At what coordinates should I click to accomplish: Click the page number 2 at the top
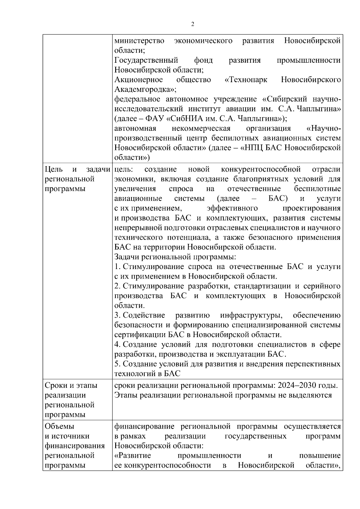click(x=193, y=24)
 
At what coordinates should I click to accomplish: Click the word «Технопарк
click(x=246, y=80)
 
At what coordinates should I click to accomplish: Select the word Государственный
click(x=146, y=60)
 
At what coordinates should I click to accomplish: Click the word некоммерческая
click(x=201, y=129)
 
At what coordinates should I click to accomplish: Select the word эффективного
click(x=232, y=208)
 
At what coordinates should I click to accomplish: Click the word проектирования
click(x=311, y=208)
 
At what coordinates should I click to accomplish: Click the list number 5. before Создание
click(x=117, y=364)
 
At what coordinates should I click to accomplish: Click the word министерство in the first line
click(x=139, y=41)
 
